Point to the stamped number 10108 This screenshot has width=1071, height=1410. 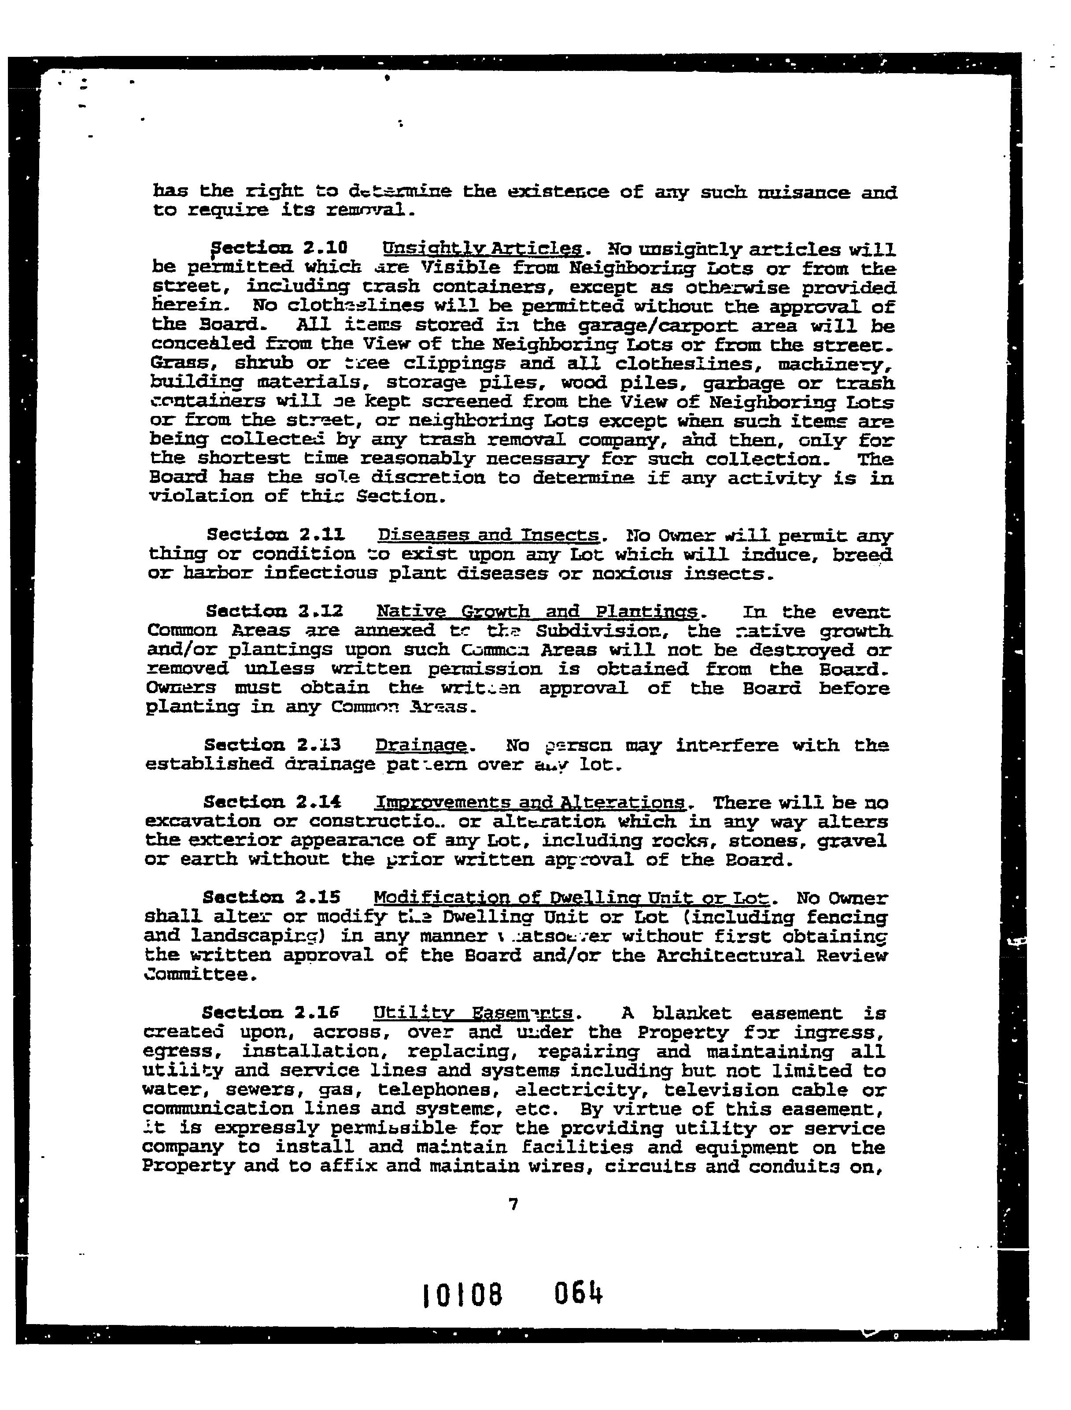[x=462, y=1295]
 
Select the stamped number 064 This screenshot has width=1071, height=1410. [x=578, y=1294]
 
